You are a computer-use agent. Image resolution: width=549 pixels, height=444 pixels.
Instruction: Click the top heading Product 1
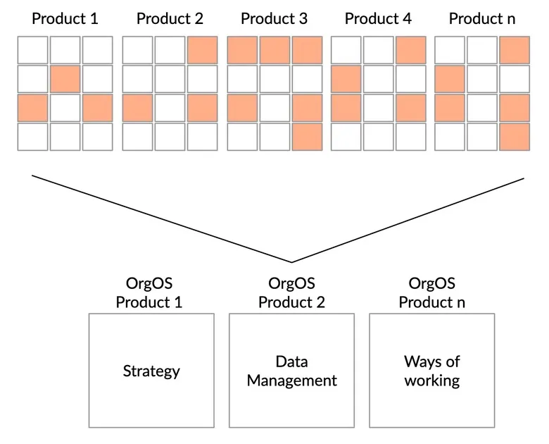(x=65, y=18)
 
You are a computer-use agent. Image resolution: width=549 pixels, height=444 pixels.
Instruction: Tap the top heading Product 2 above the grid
(x=170, y=18)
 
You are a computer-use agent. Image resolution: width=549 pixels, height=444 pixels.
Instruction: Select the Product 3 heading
(x=274, y=18)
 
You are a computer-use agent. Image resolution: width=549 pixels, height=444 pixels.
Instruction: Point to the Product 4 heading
(x=378, y=18)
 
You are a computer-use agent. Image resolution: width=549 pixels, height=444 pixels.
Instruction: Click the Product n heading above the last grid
(x=482, y=18)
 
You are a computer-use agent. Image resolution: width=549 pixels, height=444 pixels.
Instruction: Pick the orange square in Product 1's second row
(x=65, y=79)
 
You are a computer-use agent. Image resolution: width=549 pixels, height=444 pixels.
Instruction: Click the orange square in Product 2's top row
(x=203, y=50)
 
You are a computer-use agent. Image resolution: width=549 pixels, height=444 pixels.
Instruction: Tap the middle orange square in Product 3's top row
(x=274, y=50)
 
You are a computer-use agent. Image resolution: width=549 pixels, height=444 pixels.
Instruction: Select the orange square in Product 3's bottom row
(x=308, y=137)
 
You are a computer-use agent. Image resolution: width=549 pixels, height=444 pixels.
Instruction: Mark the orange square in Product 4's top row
(x=411, y=50)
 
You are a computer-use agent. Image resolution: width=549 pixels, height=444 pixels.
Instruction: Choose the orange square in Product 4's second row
(x=346, y=79)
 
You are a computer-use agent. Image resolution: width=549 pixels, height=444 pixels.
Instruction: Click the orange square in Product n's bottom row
(x=515, y=137)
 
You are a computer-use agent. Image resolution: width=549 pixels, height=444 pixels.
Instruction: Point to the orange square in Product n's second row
(x=450, y=79)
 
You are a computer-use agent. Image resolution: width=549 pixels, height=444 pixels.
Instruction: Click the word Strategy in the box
(x=151, y=371)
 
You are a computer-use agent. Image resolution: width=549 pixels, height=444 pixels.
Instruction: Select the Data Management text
(x=291, y=371)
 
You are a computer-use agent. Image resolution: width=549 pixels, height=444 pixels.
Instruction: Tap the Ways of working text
(x=432, y=371)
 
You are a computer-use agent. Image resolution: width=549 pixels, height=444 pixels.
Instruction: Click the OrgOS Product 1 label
(x=149, y=293)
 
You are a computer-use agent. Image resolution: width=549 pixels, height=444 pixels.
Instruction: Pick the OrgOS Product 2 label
(x=291, y=293)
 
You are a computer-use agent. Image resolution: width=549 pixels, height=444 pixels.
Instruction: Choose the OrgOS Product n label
(x=432, y=293)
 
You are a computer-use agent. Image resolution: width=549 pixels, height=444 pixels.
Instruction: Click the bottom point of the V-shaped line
(x=291, y=262)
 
